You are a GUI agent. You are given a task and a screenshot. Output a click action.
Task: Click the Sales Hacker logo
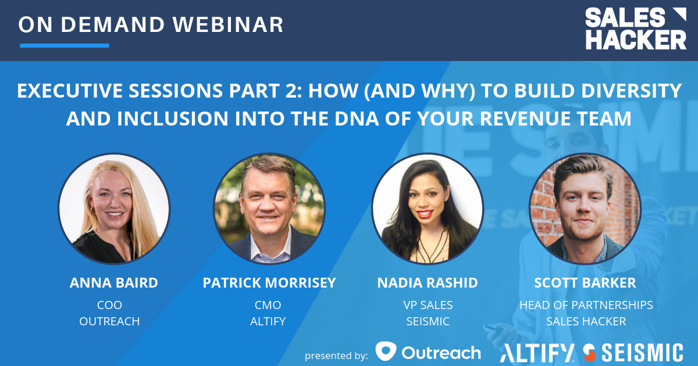[x=635, y=29]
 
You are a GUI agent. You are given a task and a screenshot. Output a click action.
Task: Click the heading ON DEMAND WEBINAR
[x=151, y=24]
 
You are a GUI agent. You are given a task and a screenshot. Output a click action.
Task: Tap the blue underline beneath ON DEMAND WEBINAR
[x=65, y=45]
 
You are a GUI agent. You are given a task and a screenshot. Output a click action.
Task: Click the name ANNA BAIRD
[x=114, y=283]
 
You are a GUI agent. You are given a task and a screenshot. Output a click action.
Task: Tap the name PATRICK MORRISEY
[x=269, y=283]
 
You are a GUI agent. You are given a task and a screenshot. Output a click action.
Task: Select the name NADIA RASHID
[x=428, y=283]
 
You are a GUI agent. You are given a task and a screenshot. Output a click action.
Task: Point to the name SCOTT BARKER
[x=585, y=283]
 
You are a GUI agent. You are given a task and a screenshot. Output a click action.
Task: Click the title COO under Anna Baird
[x=110, y=305]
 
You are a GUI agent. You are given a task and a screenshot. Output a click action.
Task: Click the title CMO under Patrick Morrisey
[x=268, y=305]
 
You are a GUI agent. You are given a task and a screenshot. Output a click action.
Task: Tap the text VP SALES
[x=428, y=305]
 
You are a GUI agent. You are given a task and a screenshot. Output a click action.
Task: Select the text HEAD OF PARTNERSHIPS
[x=586, y=305]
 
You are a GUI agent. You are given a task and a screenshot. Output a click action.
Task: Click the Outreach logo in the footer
[x=428, y=352]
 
